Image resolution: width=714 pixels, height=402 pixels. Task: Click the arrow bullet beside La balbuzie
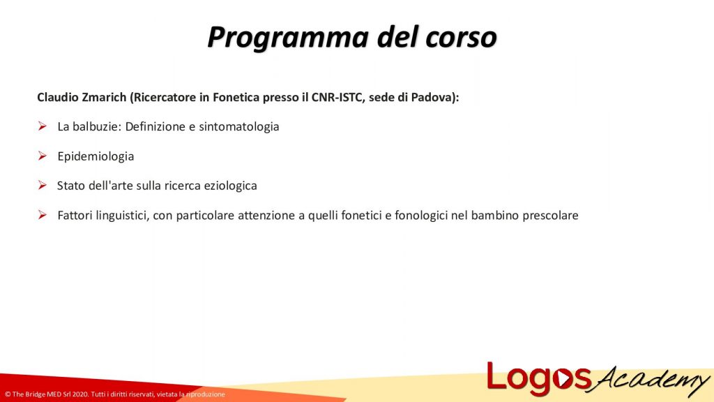click(x=42, y=127)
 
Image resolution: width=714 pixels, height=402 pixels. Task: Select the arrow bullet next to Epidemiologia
click(x=42, y=156)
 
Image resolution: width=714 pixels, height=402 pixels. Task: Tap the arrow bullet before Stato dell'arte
click(x=42, y=186)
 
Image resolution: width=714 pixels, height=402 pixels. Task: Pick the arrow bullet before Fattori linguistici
click(x=42, y=215)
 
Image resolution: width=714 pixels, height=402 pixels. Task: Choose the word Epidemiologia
click(x=96, y=156)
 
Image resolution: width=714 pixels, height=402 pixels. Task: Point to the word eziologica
click(x=229, y=186)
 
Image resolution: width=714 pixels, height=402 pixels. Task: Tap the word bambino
click(x=494, y=215)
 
